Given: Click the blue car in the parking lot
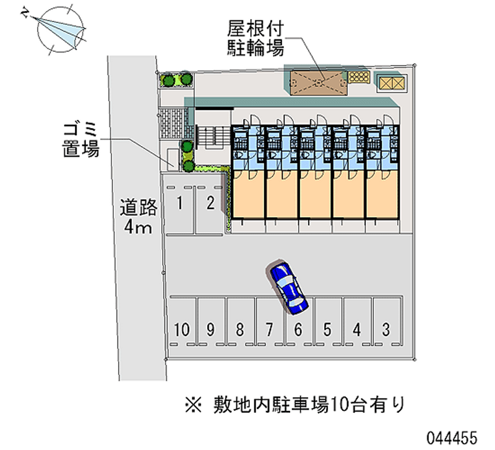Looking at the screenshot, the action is pos(288,285).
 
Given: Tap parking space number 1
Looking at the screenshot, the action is pos(179,204).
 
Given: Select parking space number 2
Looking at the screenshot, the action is pos(210,204).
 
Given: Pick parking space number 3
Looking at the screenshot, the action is pos(386,329).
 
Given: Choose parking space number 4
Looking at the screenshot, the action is pos(357,329).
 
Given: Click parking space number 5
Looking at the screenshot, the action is pos(328,329).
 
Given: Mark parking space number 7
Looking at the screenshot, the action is pos(269,329).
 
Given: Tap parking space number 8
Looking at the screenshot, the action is pos(240,329).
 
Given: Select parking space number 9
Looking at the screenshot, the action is pos(211,329).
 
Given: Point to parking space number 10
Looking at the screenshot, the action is pos(181,329).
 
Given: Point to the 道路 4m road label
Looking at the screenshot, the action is pos(138,216).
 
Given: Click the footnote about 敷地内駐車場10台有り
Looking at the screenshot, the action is pos(295,405).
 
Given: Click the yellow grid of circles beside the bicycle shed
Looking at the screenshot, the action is pos(359,77).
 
